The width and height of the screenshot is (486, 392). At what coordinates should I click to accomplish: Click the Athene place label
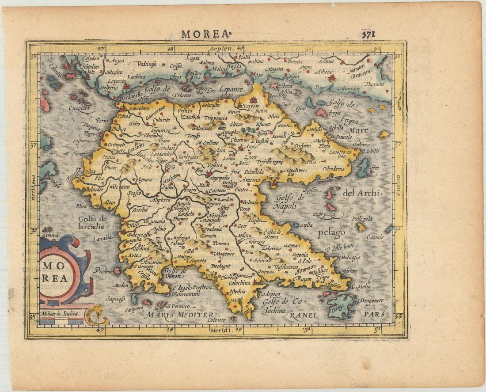pyautogui.click(x=324, y=71)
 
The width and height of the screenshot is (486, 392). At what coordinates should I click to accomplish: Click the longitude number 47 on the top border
pyautogui.click(x=102, y=48)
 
